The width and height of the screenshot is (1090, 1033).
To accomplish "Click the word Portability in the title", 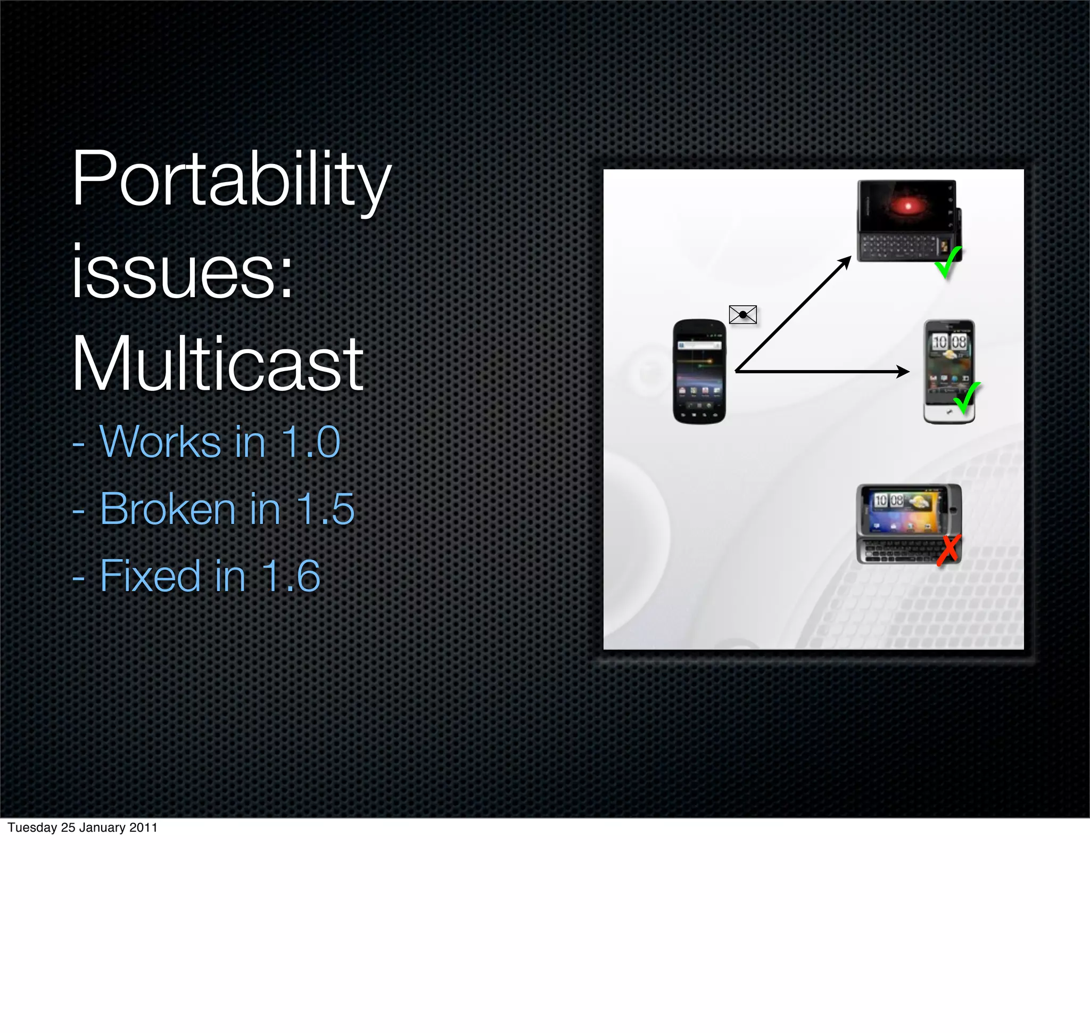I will pos(231,181).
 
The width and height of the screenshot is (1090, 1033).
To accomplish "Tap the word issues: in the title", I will pos(181,273).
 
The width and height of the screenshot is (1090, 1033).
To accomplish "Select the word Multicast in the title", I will pos(218,365).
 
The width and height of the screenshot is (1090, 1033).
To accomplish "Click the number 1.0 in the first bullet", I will pos(311,442).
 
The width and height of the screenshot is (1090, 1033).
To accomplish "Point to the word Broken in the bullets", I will pos(168,510).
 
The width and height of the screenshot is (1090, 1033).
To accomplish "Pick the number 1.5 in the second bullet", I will pos(325,510).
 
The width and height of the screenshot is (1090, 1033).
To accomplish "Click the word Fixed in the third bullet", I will pos(150,577).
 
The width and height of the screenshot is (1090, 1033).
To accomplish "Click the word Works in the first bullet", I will pos(160,442).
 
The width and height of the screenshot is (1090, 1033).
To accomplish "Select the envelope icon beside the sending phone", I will pos(742,314).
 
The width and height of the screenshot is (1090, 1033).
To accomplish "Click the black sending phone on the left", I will pos(699,372).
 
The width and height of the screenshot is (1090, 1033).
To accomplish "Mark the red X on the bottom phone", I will pos(948,549).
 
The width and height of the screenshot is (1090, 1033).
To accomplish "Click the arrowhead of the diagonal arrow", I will pos(846,261).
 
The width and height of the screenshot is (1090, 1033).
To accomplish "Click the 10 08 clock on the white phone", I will pos(949,342).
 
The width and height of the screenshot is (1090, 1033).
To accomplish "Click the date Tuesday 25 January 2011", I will pos(82,827).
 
